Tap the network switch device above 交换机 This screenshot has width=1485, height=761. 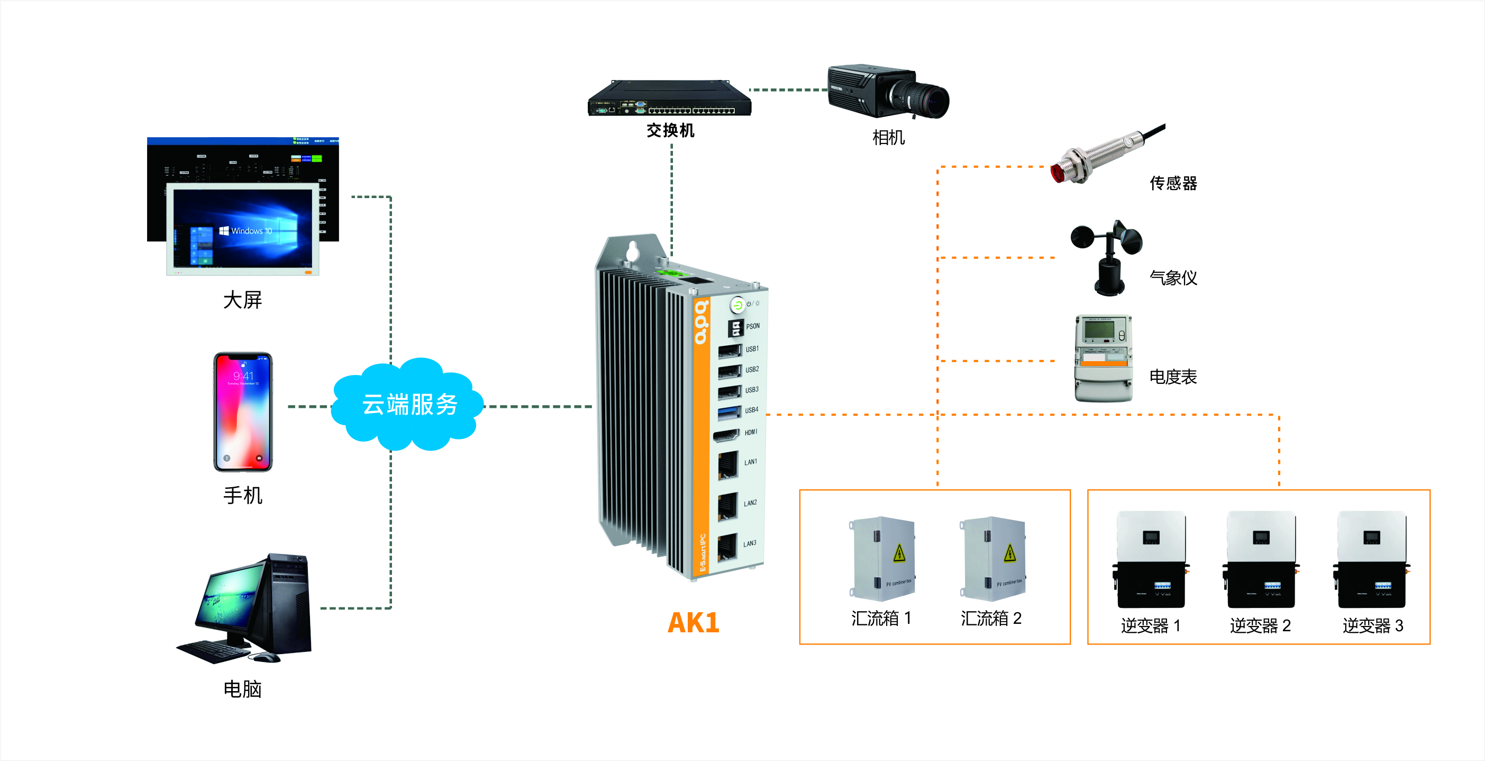[670, 99]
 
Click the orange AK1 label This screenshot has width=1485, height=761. [693, 623]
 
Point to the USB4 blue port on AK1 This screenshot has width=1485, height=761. [729, 412]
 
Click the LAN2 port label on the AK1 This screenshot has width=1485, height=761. [750, 503]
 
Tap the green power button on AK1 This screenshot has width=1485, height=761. [737, 305]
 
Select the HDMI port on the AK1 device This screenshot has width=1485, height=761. [726, 435]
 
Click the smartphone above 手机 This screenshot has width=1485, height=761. [243, 412]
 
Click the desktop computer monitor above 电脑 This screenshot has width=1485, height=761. [227, 600]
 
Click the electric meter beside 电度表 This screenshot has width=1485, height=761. [1104, 357]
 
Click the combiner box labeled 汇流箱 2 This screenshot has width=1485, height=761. [992, 559]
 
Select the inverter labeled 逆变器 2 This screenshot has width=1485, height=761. [1261, 560]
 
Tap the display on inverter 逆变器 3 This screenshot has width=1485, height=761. [1371, 538]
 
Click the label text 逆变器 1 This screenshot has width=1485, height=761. [1151, 625]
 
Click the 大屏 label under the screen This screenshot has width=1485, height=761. [242, 300]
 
